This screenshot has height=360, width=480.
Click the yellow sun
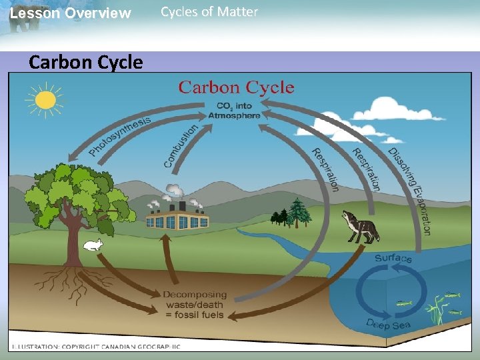(x=45, y=99)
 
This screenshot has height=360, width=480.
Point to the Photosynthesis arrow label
(x=120, y=137)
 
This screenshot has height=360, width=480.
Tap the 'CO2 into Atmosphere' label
(x=234, y=110)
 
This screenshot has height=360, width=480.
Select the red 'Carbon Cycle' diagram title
(x=236, y=87)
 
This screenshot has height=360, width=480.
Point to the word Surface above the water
(x=393, y=258)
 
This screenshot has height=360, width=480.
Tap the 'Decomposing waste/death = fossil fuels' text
(x=195, y=305)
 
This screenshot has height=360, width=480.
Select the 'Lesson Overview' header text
(x=71, y=13)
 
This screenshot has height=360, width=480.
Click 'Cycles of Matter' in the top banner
(x=209, y=12)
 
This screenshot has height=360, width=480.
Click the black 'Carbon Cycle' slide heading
(x=86, y=63)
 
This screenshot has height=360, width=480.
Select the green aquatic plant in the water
(x=437, y=307)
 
